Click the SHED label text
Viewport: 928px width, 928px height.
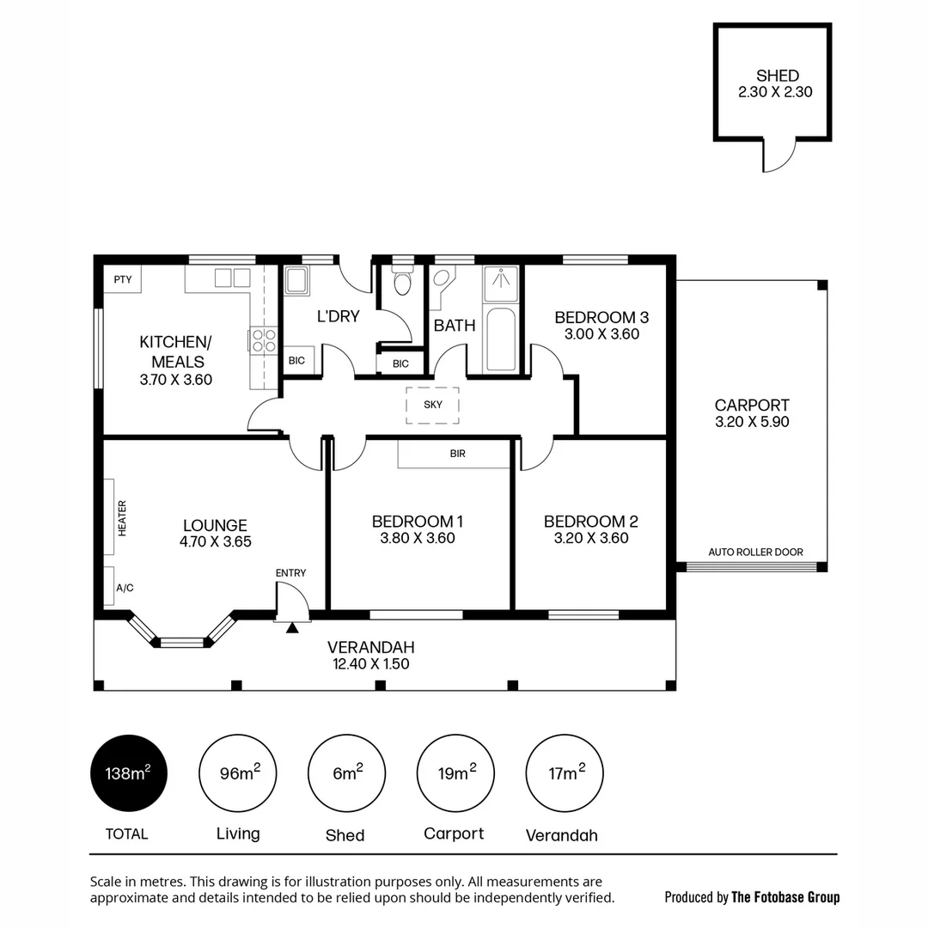(777, 76)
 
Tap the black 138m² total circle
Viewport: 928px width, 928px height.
(128, 773)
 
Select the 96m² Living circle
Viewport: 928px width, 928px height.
(237, 773)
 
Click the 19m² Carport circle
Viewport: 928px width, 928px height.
(455, 773)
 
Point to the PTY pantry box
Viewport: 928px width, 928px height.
(123, 279)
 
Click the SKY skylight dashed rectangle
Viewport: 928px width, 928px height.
(432, 405)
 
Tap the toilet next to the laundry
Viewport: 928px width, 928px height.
(402, 281)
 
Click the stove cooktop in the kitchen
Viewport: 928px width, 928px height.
(264, 340)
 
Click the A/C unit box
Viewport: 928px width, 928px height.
(109, 587)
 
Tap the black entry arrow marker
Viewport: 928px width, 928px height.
(292, 628)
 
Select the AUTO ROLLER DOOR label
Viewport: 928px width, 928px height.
(755, 552)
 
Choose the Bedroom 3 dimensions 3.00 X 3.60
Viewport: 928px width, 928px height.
(601, 334)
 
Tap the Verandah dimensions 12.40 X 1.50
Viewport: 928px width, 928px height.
(371, 663)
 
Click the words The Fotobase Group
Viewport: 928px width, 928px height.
(785, 897)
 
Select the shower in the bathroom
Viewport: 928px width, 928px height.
(500, 284)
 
